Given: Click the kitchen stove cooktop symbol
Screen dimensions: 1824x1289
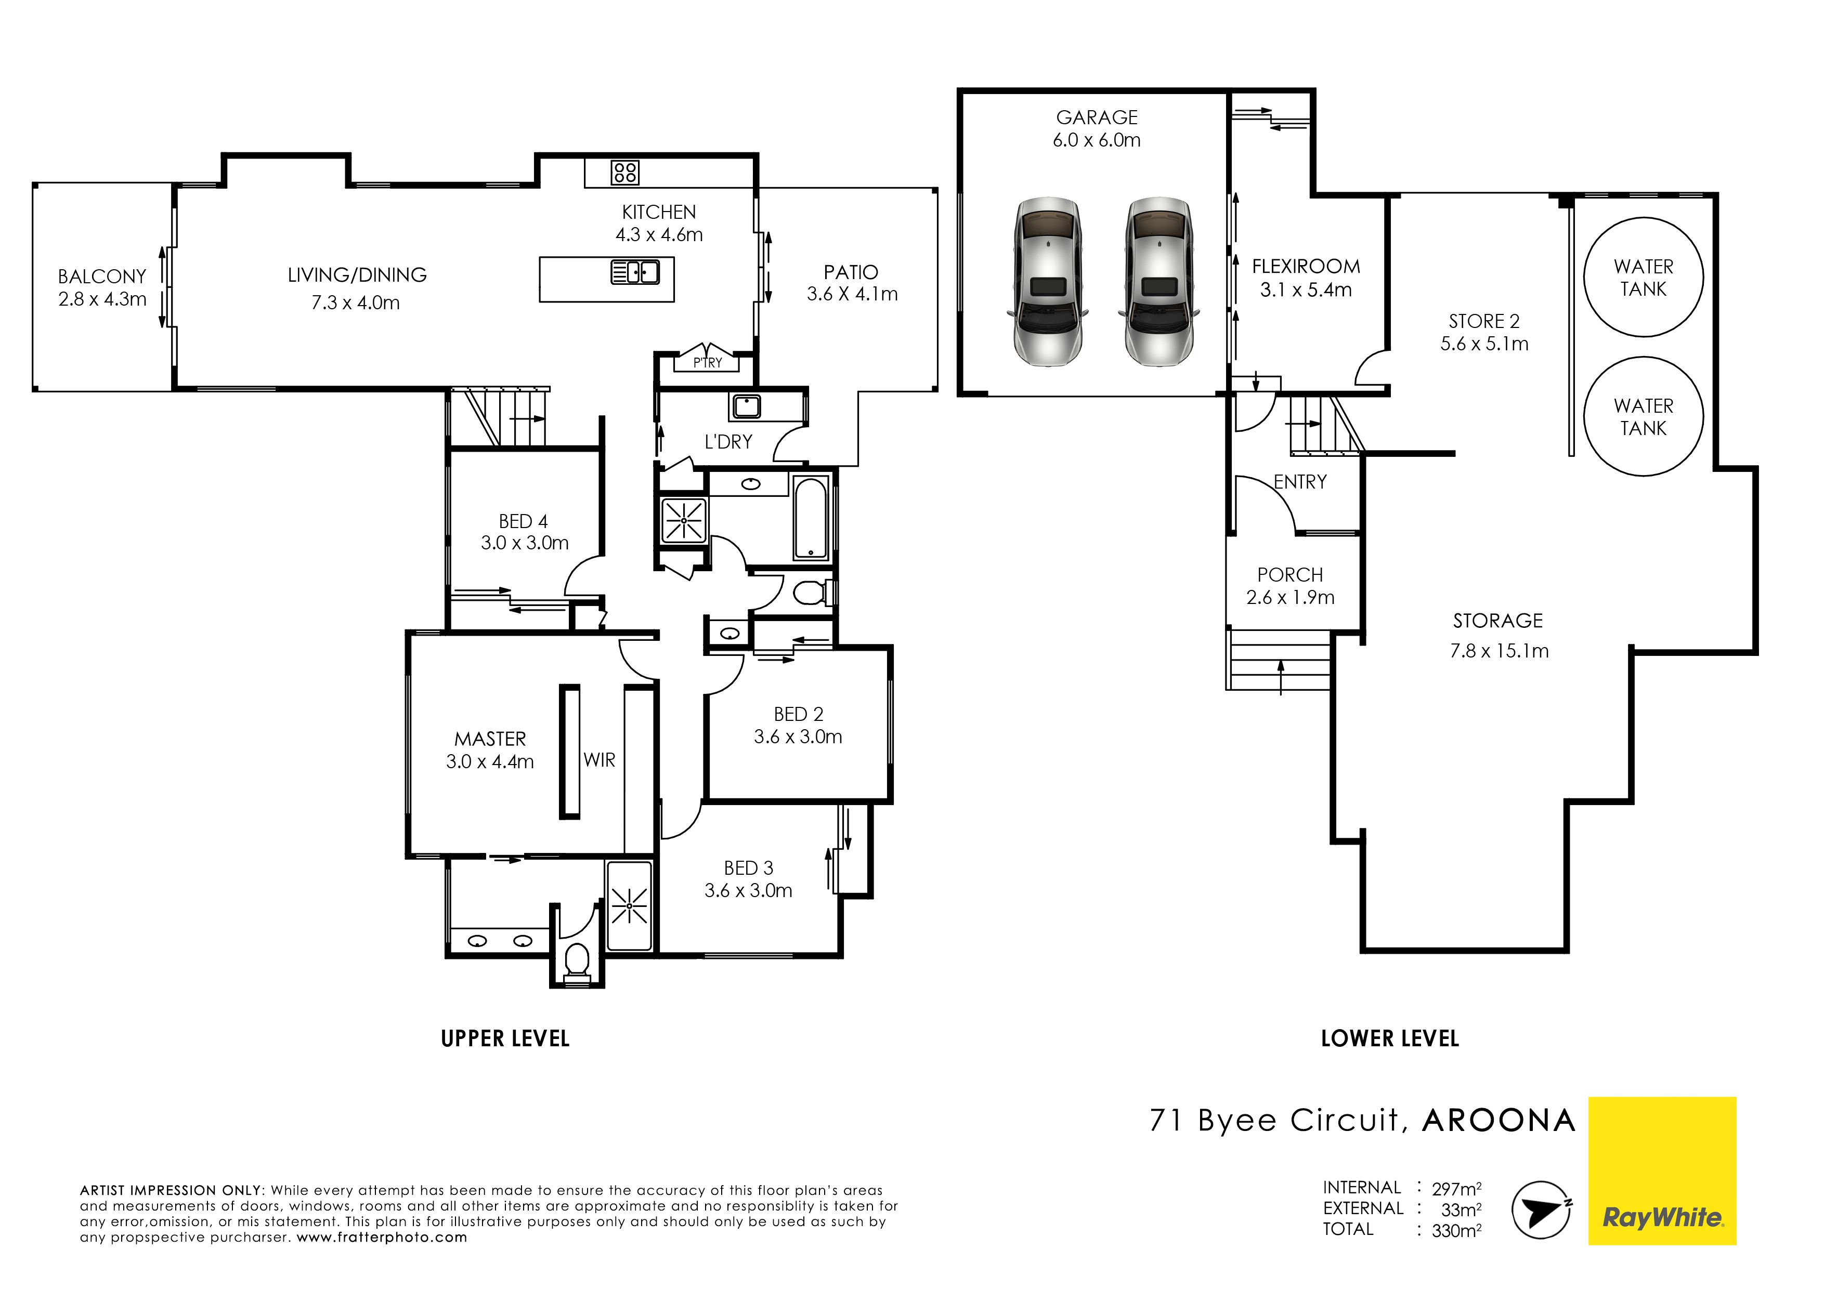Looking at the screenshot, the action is [625, 173].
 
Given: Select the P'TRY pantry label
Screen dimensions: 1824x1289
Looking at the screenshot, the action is [707, 363].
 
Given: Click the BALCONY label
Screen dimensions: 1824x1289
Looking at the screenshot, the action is [102, 277].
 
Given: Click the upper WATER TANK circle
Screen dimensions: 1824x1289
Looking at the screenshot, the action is [1644, 277].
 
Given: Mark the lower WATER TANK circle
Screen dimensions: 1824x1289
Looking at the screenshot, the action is [1644, 416].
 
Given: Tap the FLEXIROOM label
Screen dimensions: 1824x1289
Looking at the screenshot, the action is [1306, 267].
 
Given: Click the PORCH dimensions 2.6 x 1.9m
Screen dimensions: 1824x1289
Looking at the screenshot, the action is [1290, 597].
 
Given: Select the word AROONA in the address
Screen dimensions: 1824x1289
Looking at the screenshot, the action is [1499, 1121].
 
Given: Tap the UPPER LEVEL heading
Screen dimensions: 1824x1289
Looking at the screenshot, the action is [505, 1039].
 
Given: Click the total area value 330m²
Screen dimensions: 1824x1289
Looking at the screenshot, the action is [1456, 1230].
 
